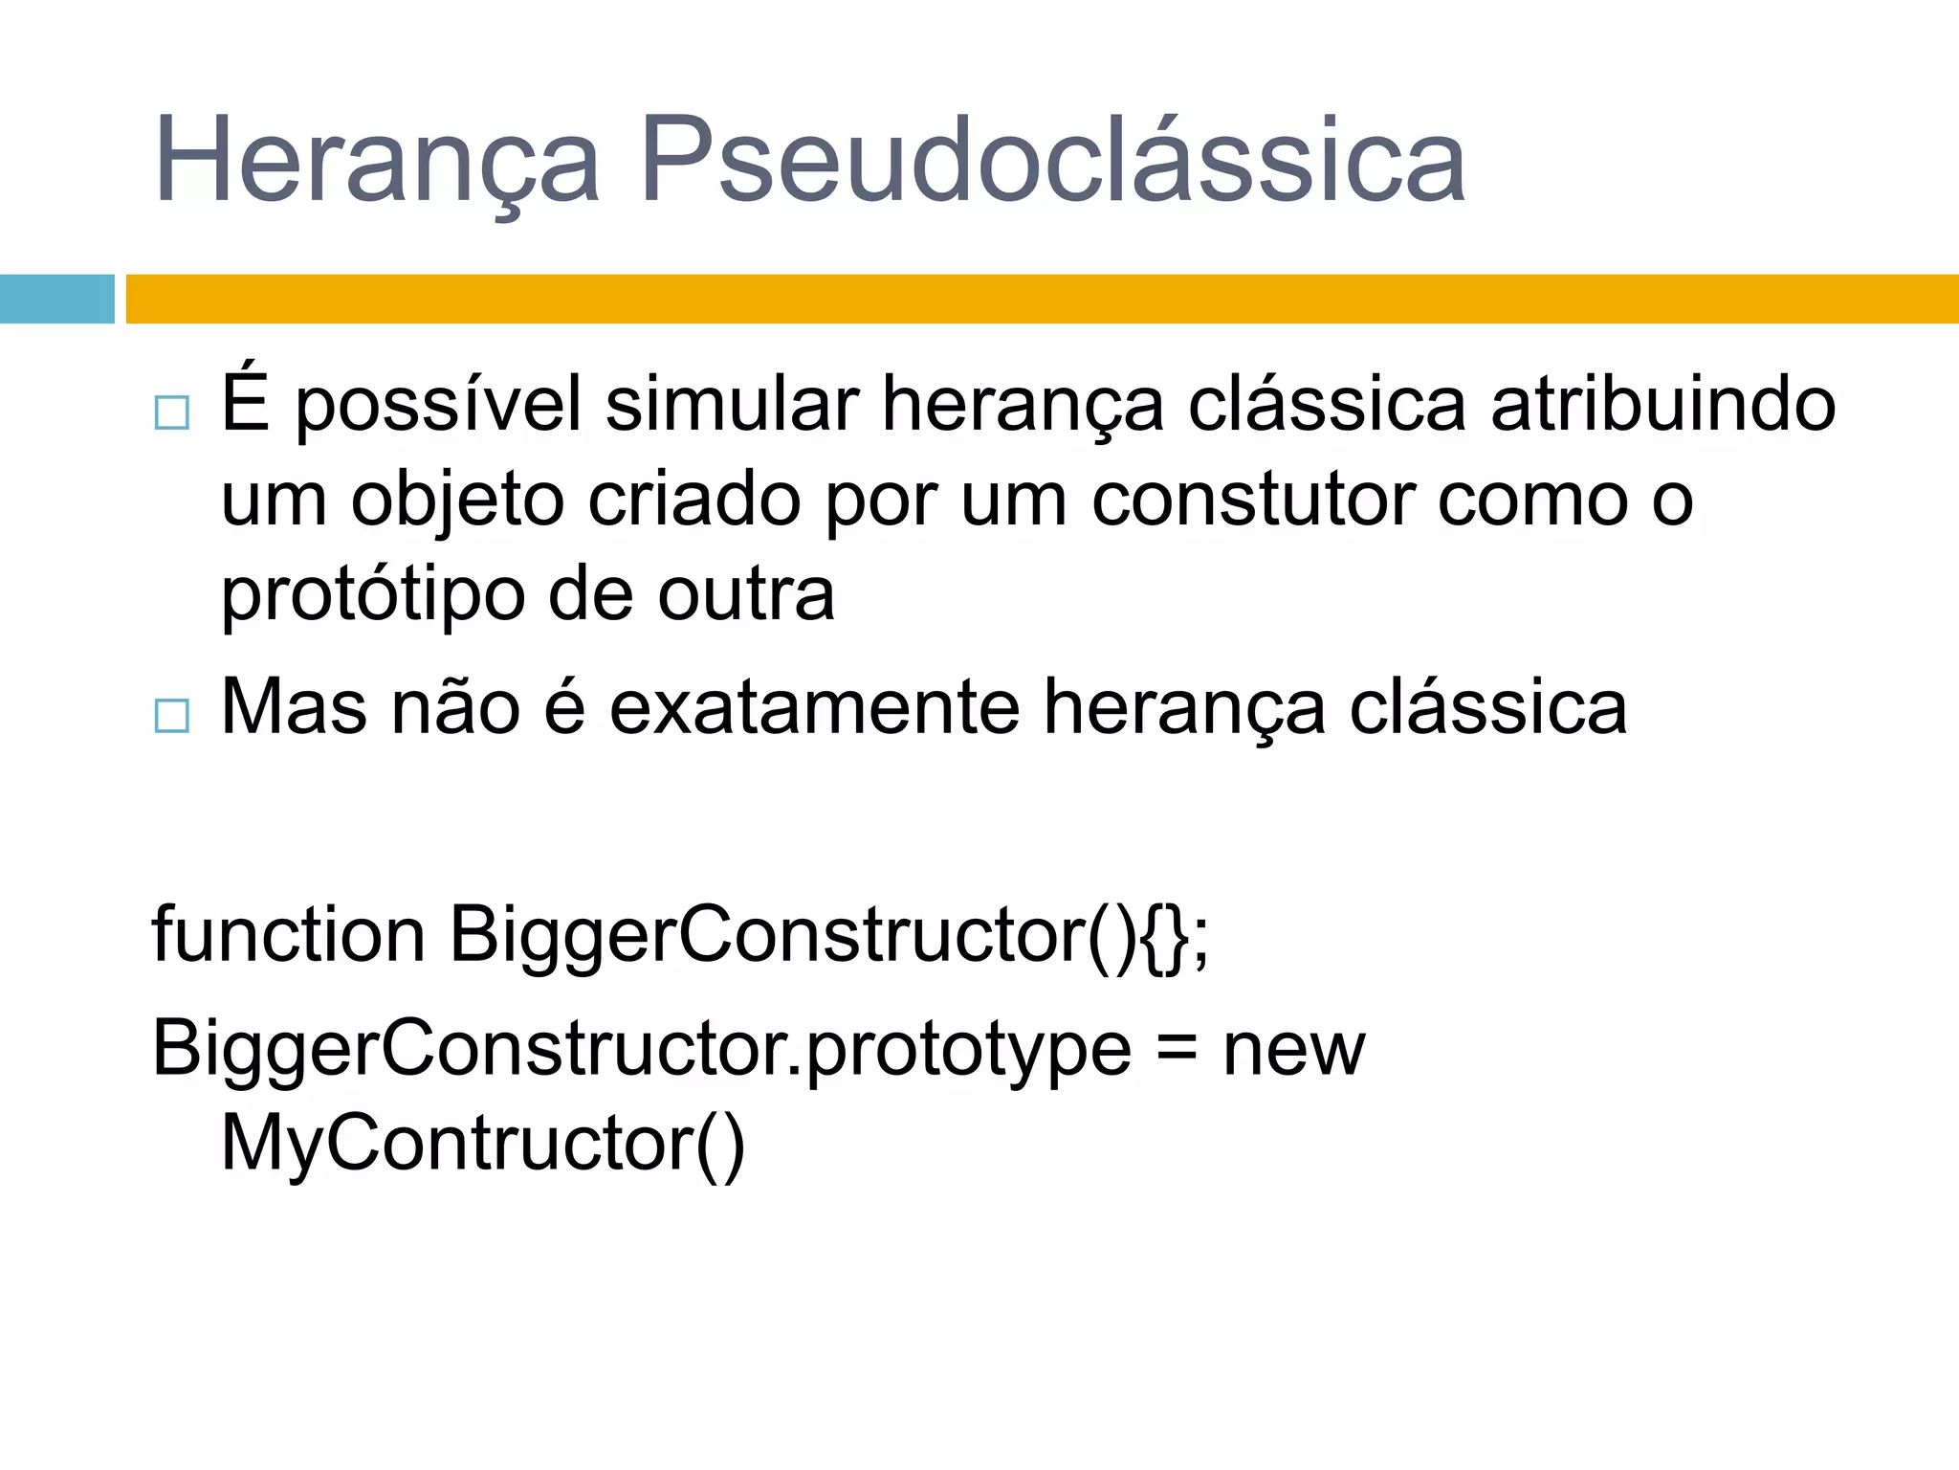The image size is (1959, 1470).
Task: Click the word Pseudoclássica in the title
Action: [x=1052, y=161]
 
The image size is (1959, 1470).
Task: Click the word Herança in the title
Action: [x=376, y=161]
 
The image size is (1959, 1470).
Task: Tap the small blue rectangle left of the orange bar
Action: [x=56, y=299]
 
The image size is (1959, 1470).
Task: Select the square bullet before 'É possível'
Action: [x=172, y=412]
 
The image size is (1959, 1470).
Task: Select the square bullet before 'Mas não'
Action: [x=172, y=715]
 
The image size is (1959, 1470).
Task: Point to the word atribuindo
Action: [x=1662, y=404]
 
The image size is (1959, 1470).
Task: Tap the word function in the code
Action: [x=288, y=934]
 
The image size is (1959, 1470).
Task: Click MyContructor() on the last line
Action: [x=482, y=1144]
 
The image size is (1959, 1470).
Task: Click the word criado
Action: [x=693, y=500]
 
